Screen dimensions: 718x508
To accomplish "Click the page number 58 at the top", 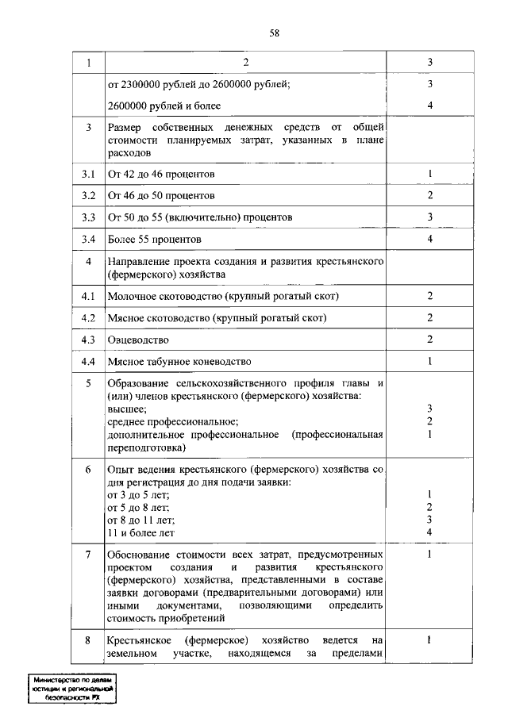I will (274, 33).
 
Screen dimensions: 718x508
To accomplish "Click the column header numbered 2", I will (246, 63).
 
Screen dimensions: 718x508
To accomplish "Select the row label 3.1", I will (88, 174).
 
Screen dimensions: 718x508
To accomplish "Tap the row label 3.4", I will (88, 238).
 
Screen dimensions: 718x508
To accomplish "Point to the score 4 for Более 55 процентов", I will (429, 238).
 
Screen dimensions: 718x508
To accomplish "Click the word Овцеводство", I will (138, 340).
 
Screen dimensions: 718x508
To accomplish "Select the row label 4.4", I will (88, 362).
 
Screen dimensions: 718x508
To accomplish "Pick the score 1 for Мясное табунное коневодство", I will (429, 362).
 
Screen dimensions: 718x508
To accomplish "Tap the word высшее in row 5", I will (126, 408).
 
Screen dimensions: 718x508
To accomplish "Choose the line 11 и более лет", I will (141, 532).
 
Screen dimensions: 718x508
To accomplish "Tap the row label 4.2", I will (88, 318).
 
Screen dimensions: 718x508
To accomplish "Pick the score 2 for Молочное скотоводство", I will (429, 297).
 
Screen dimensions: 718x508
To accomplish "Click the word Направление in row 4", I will (141, 261).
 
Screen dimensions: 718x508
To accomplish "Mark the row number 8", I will (88, 639).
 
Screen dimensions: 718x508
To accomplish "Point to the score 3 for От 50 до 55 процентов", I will (429, 217).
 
